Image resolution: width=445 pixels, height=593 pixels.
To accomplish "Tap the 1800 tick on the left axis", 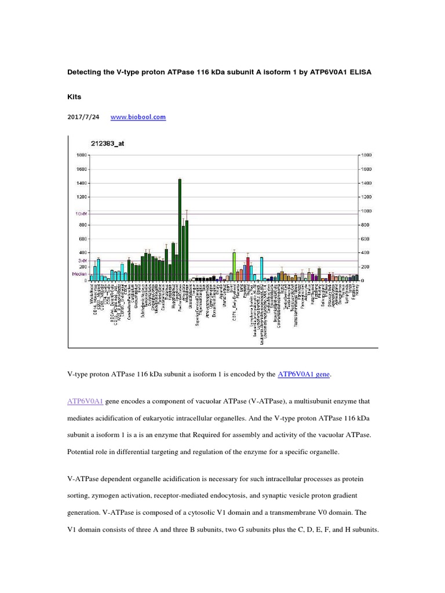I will [81, 155].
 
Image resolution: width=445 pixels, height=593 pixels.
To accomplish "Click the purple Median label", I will [79, 274].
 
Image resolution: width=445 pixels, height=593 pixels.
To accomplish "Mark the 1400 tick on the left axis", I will [81, 183].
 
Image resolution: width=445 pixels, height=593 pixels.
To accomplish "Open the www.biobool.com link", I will [138, 117].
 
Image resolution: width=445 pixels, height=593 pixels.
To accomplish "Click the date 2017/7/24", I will [83, 117].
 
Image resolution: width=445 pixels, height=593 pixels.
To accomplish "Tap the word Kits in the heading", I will [75, 98].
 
